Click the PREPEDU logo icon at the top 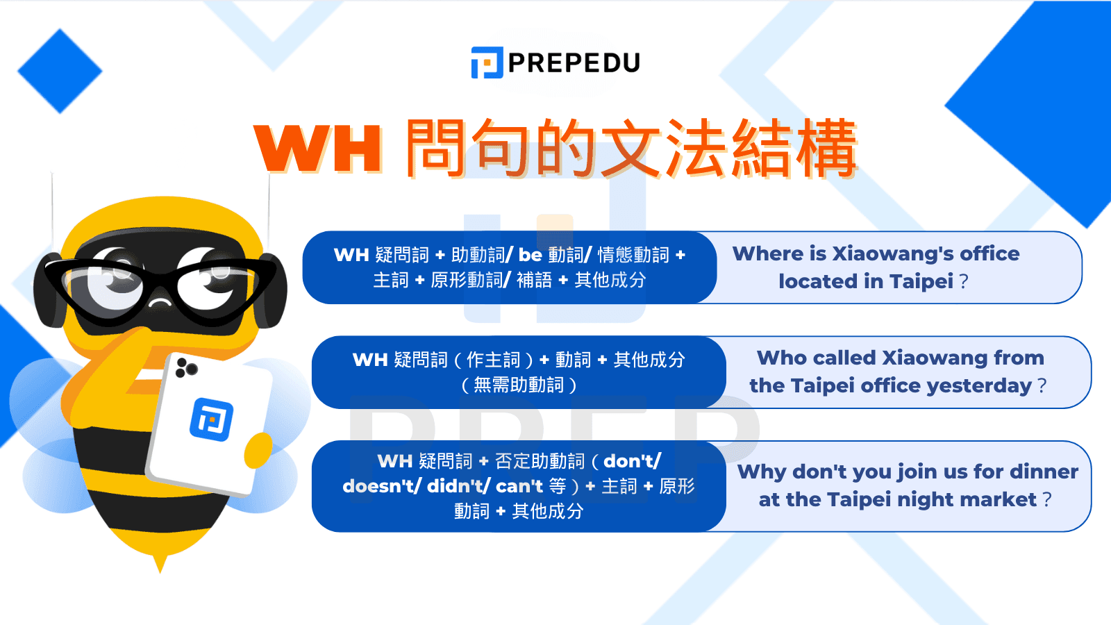[487, 62]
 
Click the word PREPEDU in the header [574, 63]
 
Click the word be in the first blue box [530, 255]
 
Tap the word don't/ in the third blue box [632, 461]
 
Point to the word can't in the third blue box [519, 486]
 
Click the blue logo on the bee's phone [212, 419]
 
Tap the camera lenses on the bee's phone [185, 367]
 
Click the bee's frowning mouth [160, 303]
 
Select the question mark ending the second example [1042, 385]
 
